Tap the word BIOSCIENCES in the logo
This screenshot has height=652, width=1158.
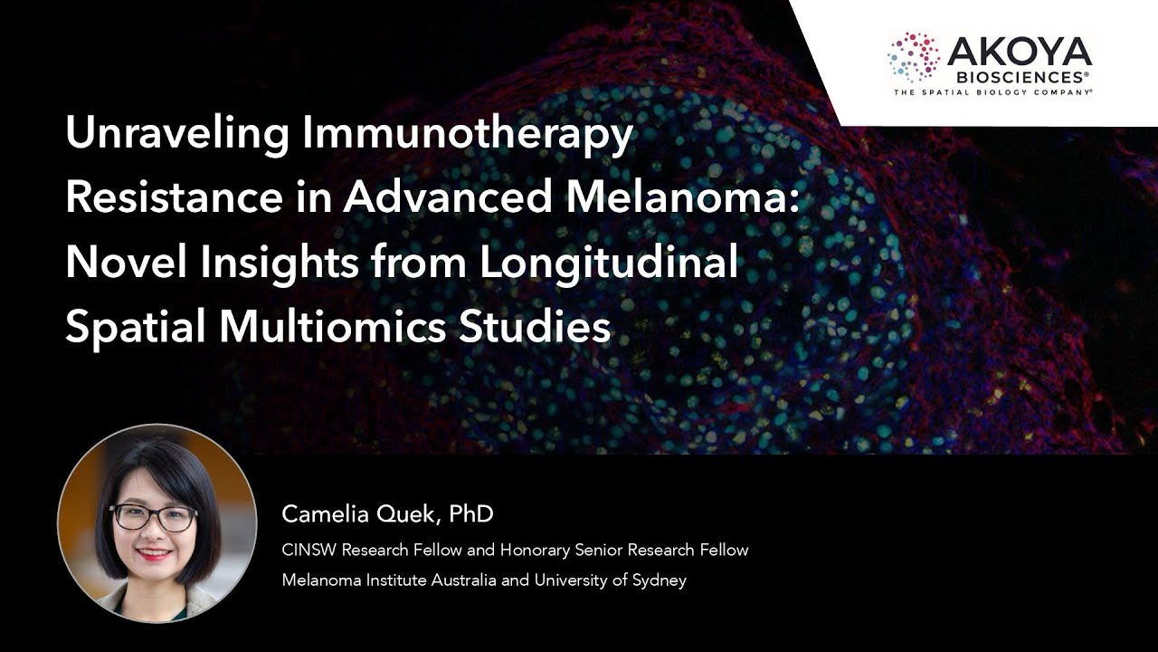tap(1020, 76)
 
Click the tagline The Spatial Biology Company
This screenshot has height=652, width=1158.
tap(992, 92)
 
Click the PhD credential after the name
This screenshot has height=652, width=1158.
tap(471, 514)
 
